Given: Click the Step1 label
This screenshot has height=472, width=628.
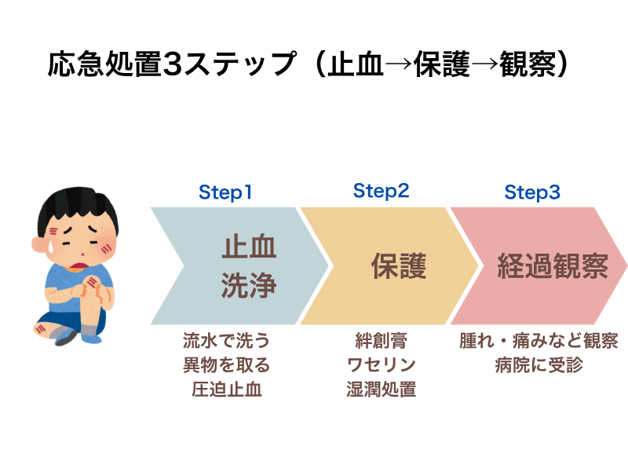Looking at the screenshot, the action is coord(225,192).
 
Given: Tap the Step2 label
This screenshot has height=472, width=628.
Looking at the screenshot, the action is coord(381,191).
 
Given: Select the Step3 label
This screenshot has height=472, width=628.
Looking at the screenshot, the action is coord(532,192).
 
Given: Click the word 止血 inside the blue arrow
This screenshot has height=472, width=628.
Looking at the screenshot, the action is coord(249,247).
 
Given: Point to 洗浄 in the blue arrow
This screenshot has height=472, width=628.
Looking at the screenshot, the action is coord(249,285).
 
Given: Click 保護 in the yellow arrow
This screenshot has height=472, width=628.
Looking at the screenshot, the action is coord(399,265).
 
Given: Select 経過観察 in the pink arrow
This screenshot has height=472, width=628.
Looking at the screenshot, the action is coord(553,265).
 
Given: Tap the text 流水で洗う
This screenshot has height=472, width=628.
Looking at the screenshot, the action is coord(226,341).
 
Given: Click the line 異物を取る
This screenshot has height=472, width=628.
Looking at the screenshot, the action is coord(226,364).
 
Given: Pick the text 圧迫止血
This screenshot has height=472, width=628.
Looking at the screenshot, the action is coord(226,389).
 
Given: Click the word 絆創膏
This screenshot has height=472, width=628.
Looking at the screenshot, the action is coord(381,341).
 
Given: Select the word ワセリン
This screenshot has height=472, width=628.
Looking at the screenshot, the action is coord(381,364).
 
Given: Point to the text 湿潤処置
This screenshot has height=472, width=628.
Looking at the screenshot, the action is coord(381,389).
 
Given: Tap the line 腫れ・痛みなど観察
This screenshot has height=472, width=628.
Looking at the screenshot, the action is coord(539,341).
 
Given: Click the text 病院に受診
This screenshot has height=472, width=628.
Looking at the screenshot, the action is coord(539,364).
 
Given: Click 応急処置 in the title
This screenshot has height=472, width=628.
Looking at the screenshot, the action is coord(104,64).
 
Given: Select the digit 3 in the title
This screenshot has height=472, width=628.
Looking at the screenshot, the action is coord(173,64).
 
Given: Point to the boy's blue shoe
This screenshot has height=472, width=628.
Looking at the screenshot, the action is coord(92,336).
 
